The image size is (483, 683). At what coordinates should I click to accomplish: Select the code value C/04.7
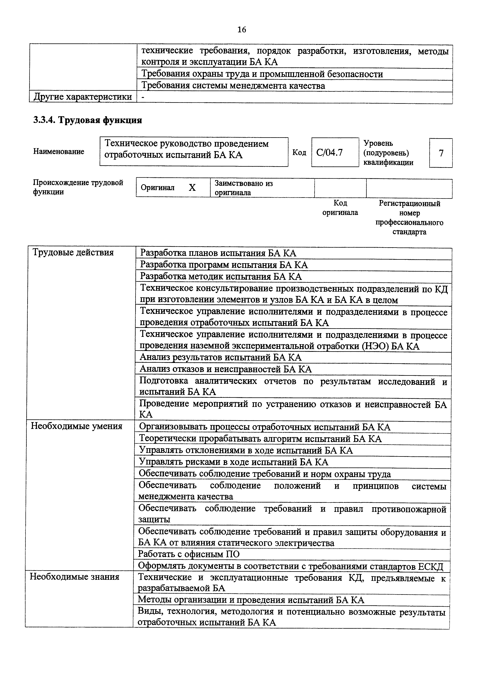(329, 153)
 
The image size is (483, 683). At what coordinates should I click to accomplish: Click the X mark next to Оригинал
(192, 188)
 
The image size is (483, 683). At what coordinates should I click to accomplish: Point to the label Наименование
(59, 152)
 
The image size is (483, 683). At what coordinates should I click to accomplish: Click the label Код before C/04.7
(299, 153)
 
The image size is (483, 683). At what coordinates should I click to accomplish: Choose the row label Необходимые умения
(77, 426)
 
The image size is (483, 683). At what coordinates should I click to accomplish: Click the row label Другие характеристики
(83, 97)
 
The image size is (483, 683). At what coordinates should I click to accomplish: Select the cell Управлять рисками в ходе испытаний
(234, 462)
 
